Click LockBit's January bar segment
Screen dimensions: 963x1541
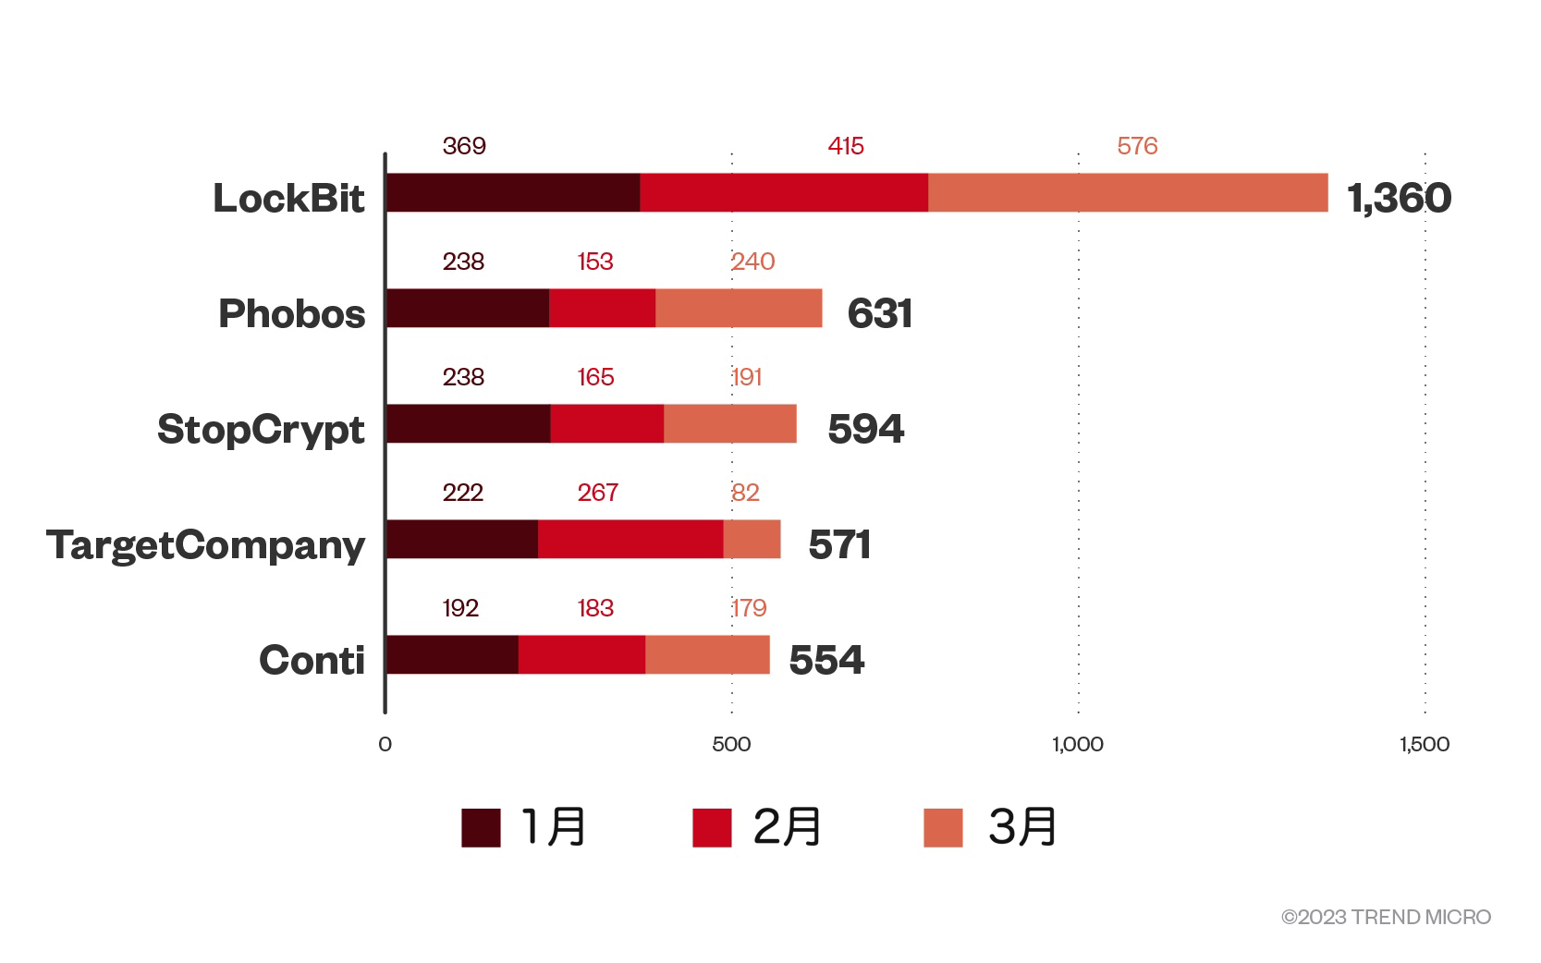click(x=513, y=192)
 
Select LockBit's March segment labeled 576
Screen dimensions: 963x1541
click(x=1128, y=192)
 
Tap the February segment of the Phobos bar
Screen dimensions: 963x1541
click(x=602, y=308)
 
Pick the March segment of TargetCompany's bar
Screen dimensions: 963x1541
click(x=752, y=539)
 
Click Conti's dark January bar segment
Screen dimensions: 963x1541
click(x=452, y=654)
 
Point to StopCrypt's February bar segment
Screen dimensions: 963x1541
click(x=606, y=423)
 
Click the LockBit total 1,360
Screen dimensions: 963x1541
click(x=1399, y=198)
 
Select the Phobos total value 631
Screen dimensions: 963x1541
click(x=879, y=313)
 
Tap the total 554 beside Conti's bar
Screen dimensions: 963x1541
click(x=826, y=660)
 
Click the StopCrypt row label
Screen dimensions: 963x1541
click(x=261, y=429)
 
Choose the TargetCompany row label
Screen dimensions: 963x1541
click(x=206, y=544)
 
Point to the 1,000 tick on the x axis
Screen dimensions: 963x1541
click(x=1078, y=744)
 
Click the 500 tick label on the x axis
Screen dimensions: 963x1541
click(x=731, y=744)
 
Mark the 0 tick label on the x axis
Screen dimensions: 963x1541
click(x=385, y=744)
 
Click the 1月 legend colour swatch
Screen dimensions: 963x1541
click(x=481, y=827)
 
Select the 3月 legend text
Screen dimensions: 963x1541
click(x=1022, y=826)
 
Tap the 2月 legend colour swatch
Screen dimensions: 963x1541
click(x=712, y=827)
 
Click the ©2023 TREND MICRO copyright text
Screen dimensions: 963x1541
click(x=1386, y=917)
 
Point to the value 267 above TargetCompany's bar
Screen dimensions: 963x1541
click(x=597, y=493)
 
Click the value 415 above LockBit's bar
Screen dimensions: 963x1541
click(x=846, y=146)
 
